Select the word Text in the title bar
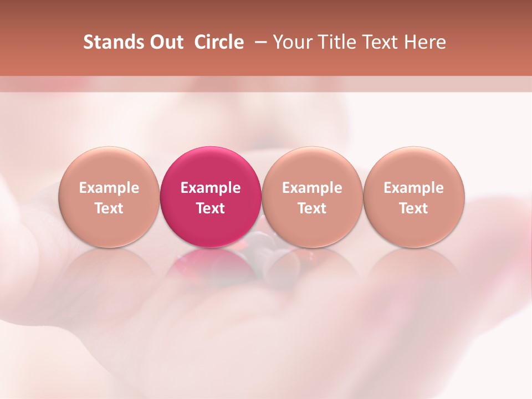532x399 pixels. (x=381, y=42)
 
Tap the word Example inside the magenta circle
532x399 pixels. (x=211, y=188)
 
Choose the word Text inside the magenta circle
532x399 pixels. (x=211, y=208)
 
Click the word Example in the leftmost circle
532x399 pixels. (x=109, y=188)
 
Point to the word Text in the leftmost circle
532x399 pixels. (x=109, y=208)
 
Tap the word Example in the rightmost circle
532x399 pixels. (x=414, y=188)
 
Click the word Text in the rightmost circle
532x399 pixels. (x=414, y=208)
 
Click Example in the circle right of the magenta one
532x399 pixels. (x=312, y=188)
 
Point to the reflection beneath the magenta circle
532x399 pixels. (x=211, y=266)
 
